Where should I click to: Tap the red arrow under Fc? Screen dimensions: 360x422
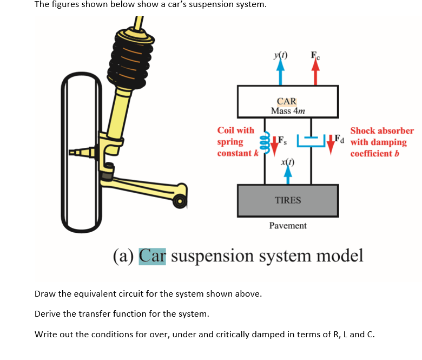point(315,74)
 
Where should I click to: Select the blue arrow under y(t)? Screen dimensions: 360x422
point(280,73)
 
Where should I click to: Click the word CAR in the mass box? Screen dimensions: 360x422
point(286,101)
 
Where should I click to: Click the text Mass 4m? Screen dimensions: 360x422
point(288,111)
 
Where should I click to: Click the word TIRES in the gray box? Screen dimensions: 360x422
point(288,200)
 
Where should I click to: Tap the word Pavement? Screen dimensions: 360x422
point(288,226)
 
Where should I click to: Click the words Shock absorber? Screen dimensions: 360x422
point(382,130)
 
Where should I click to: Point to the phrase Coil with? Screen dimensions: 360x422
point(235,130)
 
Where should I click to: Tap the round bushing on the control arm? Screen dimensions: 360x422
point(180,202)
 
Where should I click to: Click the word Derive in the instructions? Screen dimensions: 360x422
point(47,314)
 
